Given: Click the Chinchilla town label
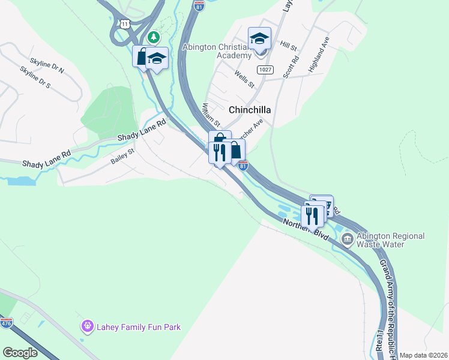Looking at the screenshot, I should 250,110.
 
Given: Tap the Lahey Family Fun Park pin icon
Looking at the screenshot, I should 88,327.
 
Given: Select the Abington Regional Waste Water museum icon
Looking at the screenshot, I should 347,240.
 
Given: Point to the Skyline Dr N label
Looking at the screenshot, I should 47,66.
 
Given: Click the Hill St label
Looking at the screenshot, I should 288,45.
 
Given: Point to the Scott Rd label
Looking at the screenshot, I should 291,67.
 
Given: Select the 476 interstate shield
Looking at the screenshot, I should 7,323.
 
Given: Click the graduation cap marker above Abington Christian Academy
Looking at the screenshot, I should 259,39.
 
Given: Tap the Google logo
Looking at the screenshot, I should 20,353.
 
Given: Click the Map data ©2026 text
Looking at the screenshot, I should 423,355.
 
